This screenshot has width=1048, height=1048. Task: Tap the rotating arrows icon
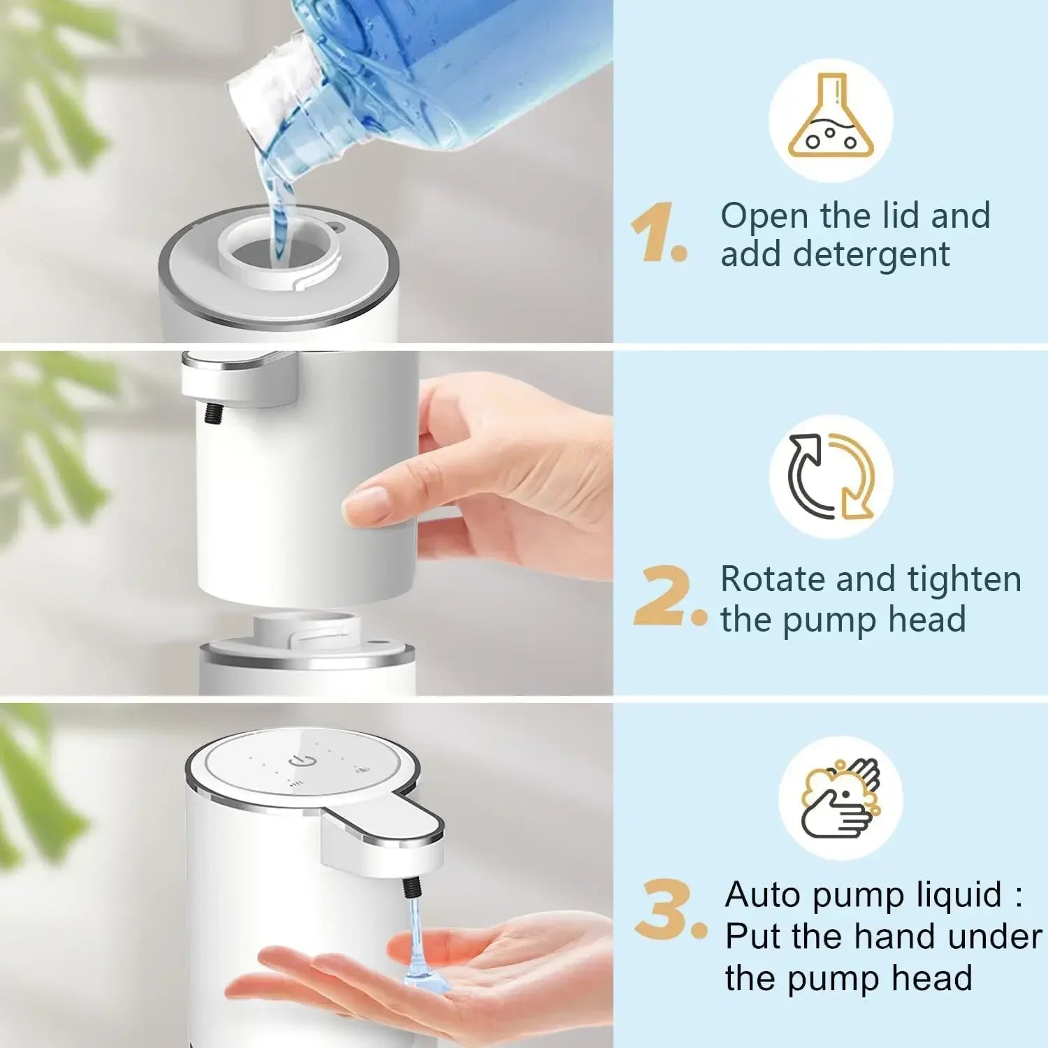831,476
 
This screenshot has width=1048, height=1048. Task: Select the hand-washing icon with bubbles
840,799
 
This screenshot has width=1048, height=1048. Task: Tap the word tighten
964,579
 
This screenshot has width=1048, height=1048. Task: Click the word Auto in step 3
763,894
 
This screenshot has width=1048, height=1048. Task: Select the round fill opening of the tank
269,252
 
